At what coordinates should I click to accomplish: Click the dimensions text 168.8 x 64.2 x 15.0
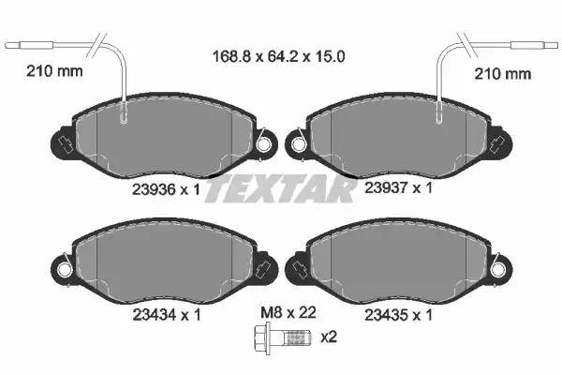[278, 56]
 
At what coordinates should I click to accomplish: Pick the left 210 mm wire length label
[54, 71]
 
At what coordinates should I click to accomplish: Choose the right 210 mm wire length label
[502, 74]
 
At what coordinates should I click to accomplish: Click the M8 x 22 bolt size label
[288, 312]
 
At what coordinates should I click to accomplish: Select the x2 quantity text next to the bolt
[329, 337]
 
